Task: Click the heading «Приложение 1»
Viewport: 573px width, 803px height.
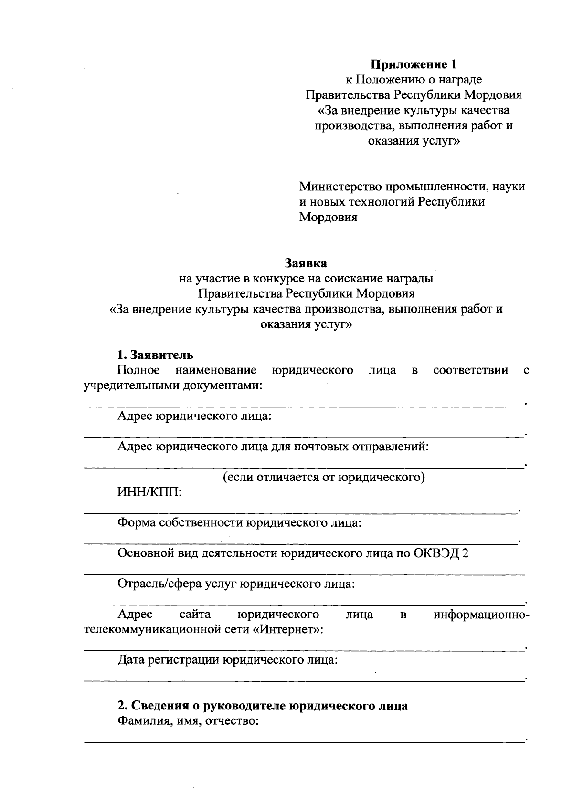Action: point(414,64)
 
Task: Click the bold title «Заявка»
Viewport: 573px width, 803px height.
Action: point(306,263)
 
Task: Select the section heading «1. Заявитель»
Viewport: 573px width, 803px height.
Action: point(155,355)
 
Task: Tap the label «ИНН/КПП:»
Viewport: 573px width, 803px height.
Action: point(149,492)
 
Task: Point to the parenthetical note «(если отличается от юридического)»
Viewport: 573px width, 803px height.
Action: point(324,477)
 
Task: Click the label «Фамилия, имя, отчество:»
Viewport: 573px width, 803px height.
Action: point(188,721)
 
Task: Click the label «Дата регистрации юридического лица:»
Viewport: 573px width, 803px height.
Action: point(228,660)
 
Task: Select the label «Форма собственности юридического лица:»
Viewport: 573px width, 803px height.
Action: point(239,523)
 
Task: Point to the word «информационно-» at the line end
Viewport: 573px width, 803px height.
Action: point(481,615)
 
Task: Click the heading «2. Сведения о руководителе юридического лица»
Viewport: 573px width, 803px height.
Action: point(263,706)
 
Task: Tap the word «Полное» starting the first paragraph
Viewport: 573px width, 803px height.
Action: point(138,370)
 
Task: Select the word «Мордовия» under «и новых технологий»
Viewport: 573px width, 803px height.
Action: point(328,218)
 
